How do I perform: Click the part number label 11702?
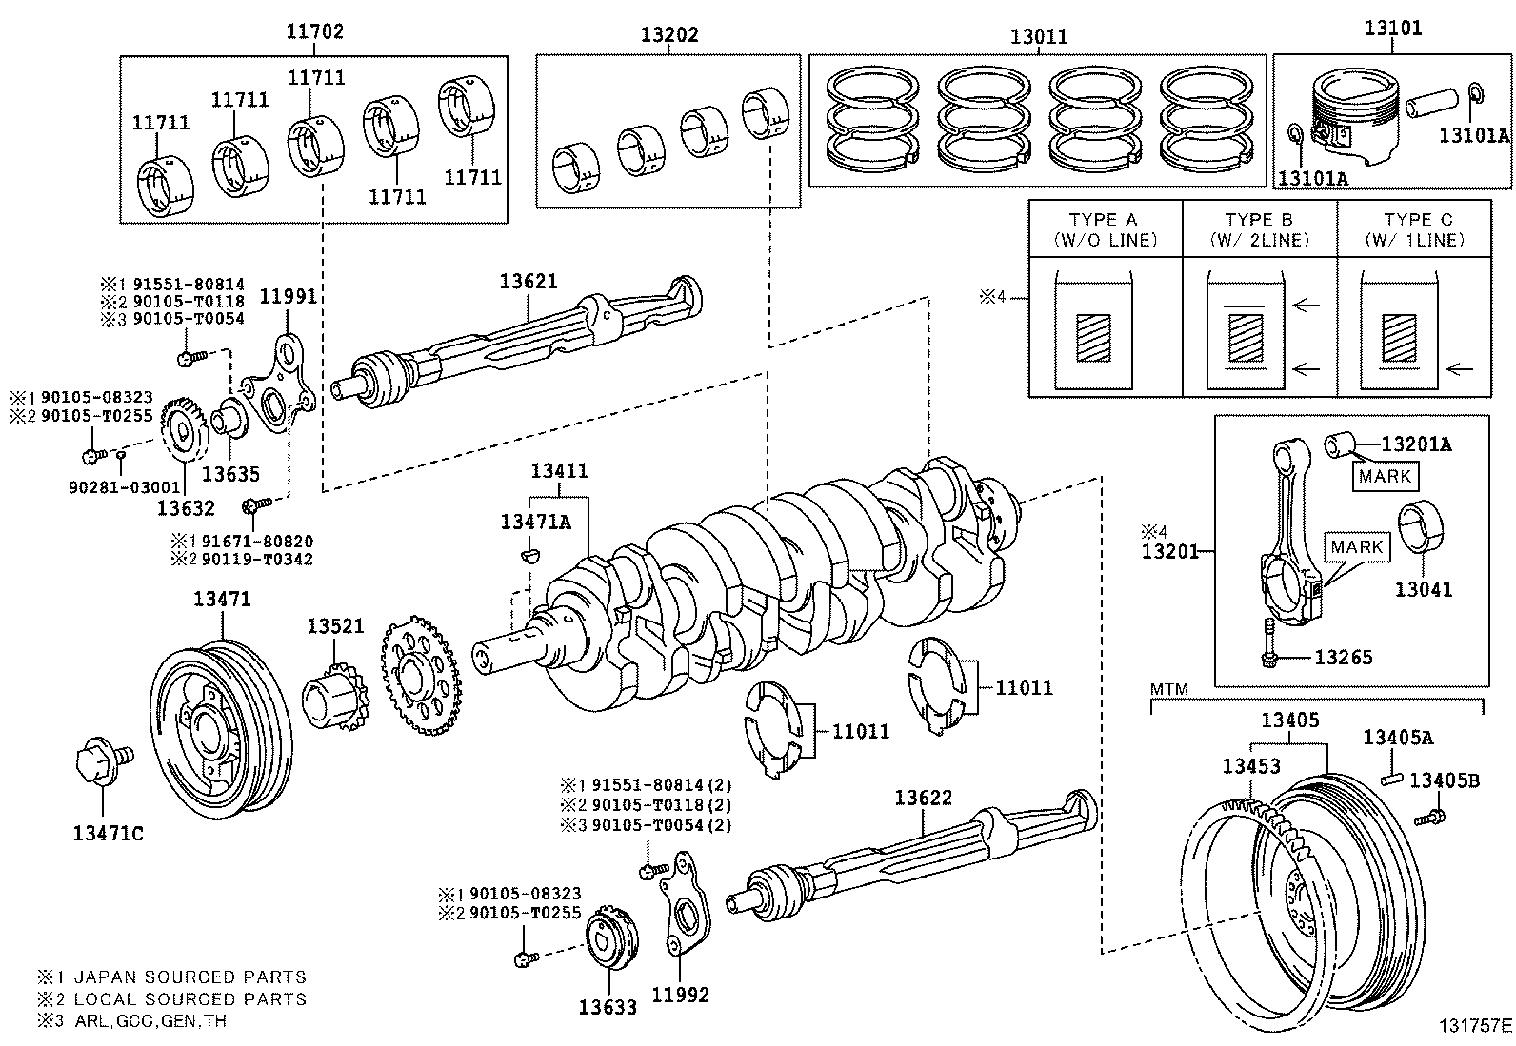(314, 32)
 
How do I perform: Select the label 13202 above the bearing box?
(668, 35)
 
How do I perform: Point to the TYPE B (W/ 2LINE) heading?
(1260, 229)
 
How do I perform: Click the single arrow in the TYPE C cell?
(1459, 368)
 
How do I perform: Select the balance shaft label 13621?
(529, 281)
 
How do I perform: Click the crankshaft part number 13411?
(559, 470)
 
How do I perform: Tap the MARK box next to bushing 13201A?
(1385, 475)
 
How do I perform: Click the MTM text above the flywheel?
(1168, 689)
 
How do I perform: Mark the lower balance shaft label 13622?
(922, 798)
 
